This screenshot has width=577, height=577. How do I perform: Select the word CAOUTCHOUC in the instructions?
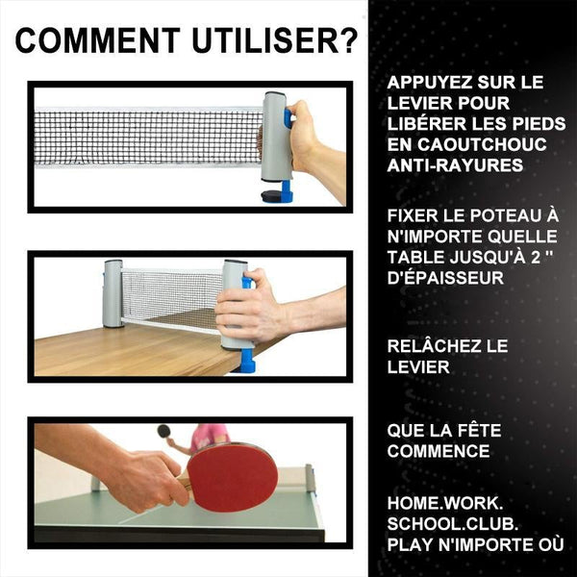482,144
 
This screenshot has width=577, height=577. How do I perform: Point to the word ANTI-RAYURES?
455,165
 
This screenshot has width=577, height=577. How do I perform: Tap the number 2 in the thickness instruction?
536,257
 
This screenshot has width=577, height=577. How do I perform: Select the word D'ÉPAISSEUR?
445,277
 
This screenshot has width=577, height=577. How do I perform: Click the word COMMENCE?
439,451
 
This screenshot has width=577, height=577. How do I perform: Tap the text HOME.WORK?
445,503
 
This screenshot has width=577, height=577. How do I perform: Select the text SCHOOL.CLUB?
453,524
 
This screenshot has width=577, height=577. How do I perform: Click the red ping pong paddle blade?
232,478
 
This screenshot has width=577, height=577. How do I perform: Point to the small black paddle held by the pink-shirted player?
163,431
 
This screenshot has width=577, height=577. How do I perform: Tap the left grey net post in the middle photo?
113,293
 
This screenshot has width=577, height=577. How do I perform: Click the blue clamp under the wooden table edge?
244,361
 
